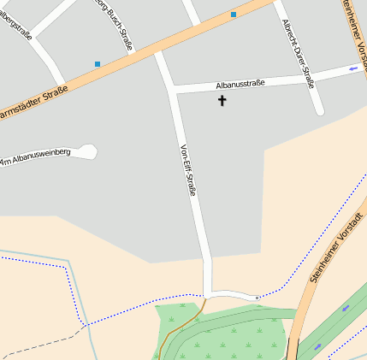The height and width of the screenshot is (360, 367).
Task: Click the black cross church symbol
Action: coord(222,101)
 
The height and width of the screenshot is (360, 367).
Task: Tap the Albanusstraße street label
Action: coord(240,84)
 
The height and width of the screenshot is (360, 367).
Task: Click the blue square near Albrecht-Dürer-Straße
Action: coord(234,15)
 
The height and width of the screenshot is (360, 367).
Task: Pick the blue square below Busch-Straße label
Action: coord(98,64)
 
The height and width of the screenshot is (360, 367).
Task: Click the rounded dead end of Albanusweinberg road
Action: coord(88,151)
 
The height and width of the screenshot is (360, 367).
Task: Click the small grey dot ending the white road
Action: coord(257,298)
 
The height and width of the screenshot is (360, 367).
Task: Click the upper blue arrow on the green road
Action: coord(346,308)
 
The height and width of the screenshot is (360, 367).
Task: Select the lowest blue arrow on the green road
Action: coord(318,346)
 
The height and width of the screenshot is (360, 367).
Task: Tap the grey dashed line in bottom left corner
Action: coord(34,345)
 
